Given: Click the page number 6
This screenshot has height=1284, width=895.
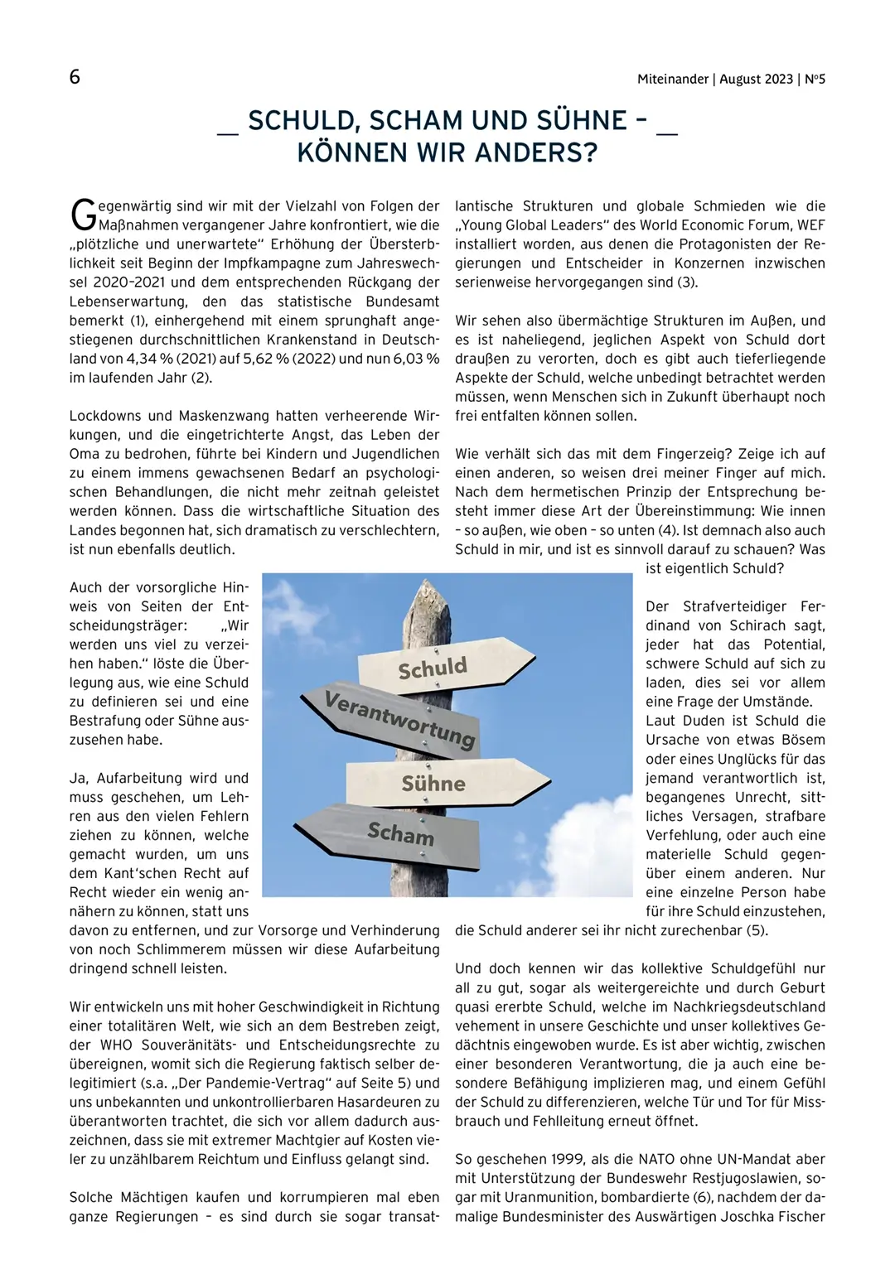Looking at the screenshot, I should tap(75, 77).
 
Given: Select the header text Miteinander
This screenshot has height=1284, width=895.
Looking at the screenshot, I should tap(673, 80).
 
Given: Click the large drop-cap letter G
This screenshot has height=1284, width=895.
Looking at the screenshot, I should tap(83, 215).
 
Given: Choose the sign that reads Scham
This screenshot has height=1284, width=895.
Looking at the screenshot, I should tap(389, 832).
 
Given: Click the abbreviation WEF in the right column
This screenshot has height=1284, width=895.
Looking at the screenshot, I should tap(812, 225).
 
